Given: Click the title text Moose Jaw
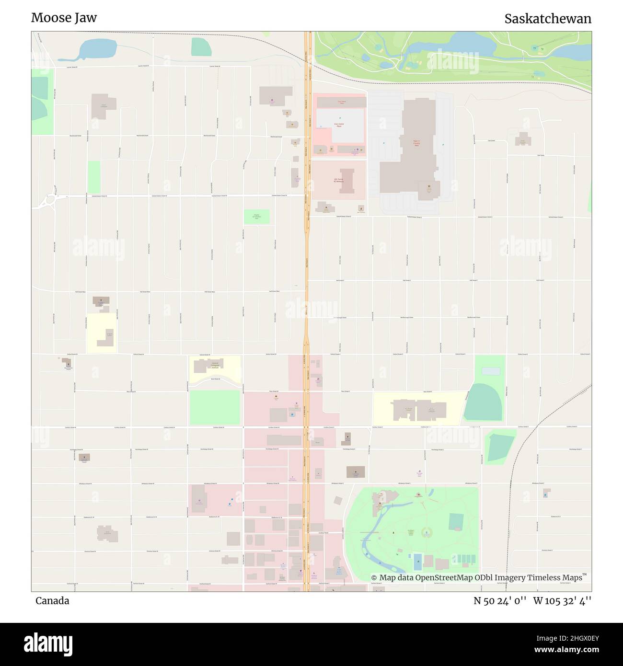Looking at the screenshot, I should [64, 18].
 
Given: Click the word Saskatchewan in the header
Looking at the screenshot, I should [547, 19].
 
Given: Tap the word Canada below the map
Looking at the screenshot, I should [52, 601].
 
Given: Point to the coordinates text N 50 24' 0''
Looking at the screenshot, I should [500, 601].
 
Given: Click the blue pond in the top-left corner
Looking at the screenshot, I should [96, 49].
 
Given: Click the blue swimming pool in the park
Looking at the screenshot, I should [417, 559].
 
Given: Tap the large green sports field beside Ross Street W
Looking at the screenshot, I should [214, 407].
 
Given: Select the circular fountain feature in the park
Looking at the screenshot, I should [425, 532].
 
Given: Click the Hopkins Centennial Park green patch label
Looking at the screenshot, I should [256, 217].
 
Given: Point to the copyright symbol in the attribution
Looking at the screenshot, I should [374, 578].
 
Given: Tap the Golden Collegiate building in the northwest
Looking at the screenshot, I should [104, 107].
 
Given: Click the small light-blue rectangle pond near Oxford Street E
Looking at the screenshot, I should [490, 371].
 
